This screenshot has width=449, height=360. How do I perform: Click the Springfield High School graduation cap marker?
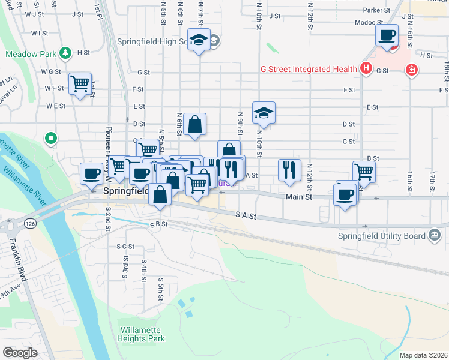199,40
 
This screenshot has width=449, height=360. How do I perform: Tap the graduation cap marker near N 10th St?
264,113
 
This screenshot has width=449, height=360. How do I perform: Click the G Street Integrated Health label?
309,69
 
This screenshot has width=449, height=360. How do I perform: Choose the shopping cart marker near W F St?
80,83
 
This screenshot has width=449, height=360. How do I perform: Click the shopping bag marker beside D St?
195,125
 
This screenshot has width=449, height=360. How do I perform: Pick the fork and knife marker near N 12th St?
289,170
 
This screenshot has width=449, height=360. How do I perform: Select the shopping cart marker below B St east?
364,172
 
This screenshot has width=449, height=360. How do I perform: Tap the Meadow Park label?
31,53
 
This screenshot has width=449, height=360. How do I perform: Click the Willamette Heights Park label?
142,334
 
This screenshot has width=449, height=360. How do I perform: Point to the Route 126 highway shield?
29,223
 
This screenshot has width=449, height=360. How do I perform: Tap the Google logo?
19,353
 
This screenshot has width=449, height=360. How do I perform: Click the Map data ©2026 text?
423,355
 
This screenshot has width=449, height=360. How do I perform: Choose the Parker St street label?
376,10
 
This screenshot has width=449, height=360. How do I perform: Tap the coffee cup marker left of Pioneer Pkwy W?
91,173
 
